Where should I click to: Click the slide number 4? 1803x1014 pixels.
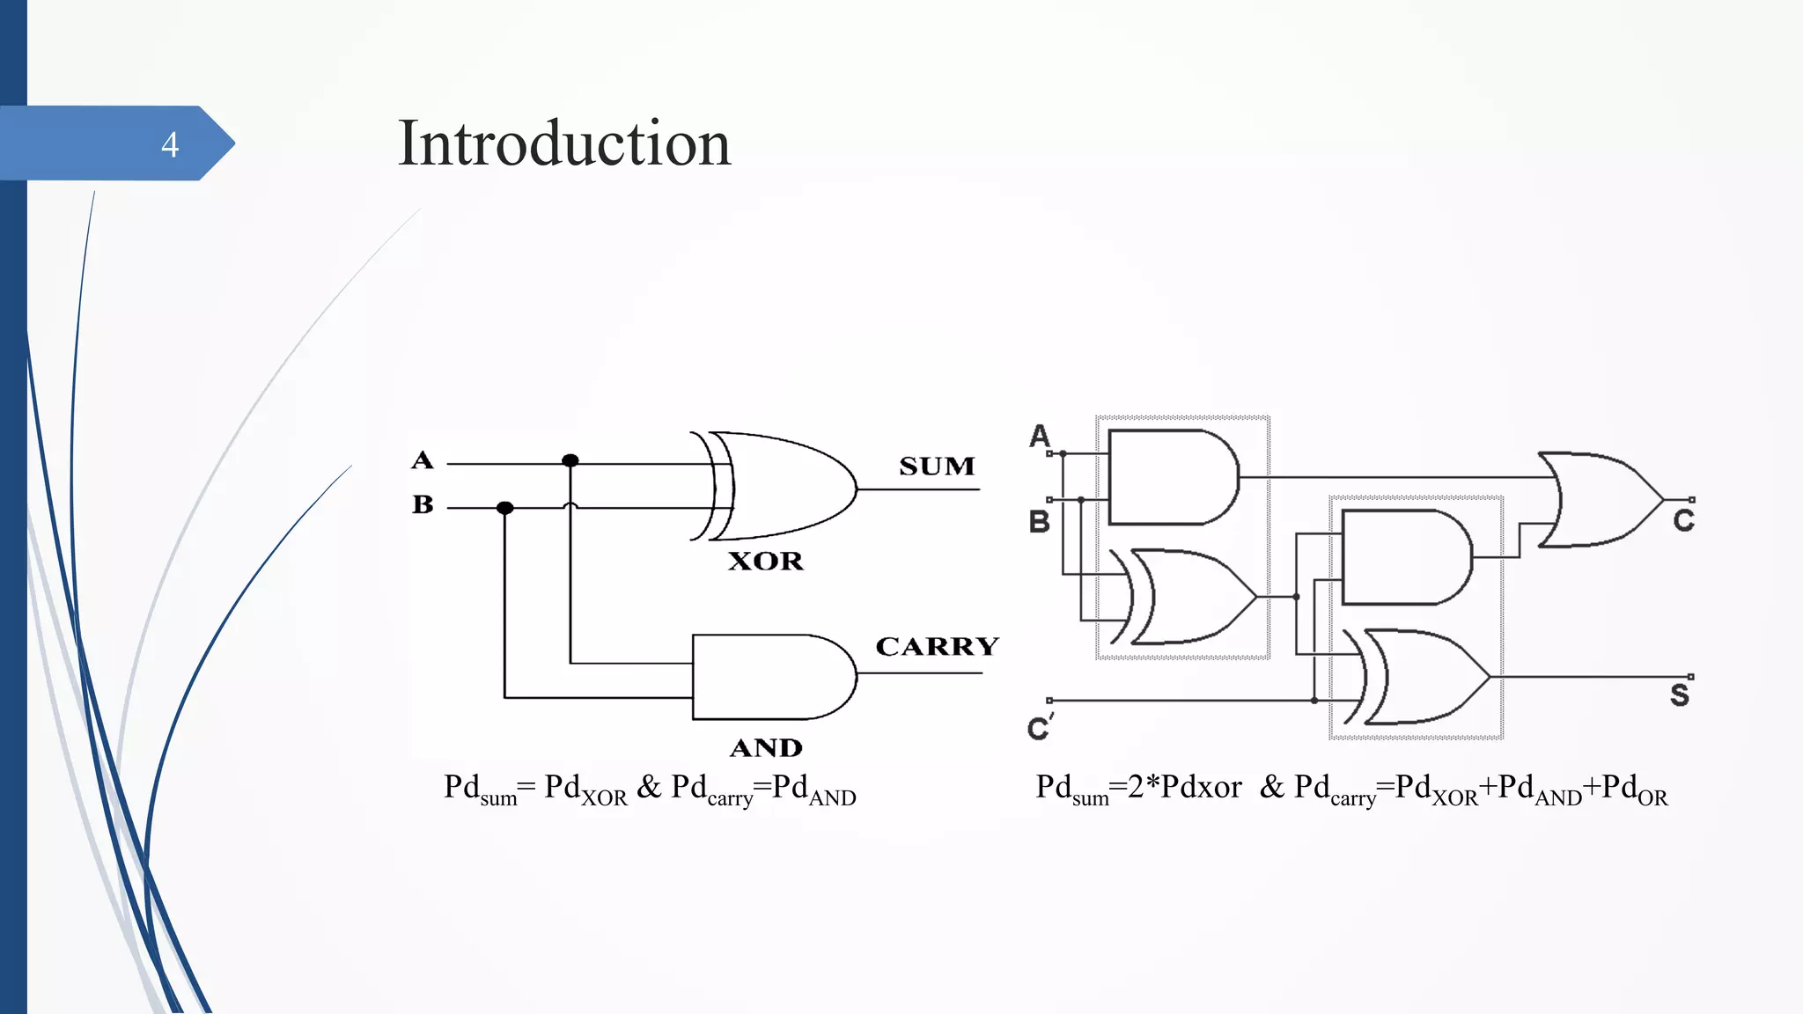pyautogui.click(x=170, y=144)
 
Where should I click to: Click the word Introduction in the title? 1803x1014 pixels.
pyautogui.click(x=563, y=143)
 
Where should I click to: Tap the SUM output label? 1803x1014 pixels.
pyautogui.click(x=937, y=466)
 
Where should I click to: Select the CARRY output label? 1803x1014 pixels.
pyautogui.click(x=937, y=646)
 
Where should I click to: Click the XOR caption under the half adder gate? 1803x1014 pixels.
pyautogui.click(x=765, y=561)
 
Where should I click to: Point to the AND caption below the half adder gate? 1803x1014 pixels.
pyautogui.click(x=766, y=747)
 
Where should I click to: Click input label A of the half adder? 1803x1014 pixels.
pyautogui.click(x=423, y=459)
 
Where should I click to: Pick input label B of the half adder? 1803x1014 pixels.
pyautogui.click(x=423, y=504)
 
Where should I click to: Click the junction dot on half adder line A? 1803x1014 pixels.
pyautogui.click(x=570, y=460)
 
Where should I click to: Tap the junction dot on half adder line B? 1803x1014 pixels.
pyautogui.click(x=504, y=508)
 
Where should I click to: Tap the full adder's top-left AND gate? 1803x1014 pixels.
pyautogui.click(x=1171, y=477)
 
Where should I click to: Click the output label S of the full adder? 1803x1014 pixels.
pyautogui.click(x=1680, y=695)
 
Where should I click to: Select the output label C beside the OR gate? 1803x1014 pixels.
pyautogui.click(x=1683, y=520)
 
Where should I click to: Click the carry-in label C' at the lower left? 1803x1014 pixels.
pyautogui.click(x=1040, y=727)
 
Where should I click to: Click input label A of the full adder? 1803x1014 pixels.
pyautogui.click(x=1040, y=435)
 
